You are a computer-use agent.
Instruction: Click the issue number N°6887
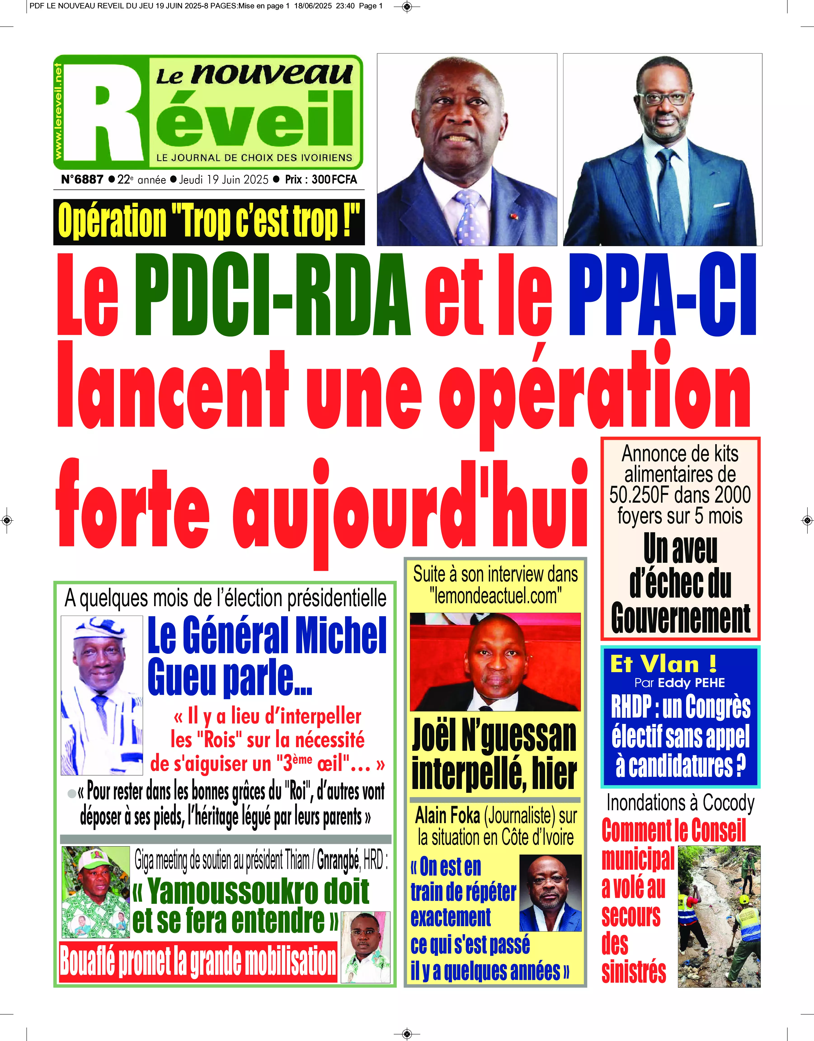82,180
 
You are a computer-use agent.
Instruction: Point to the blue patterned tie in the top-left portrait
468,217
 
